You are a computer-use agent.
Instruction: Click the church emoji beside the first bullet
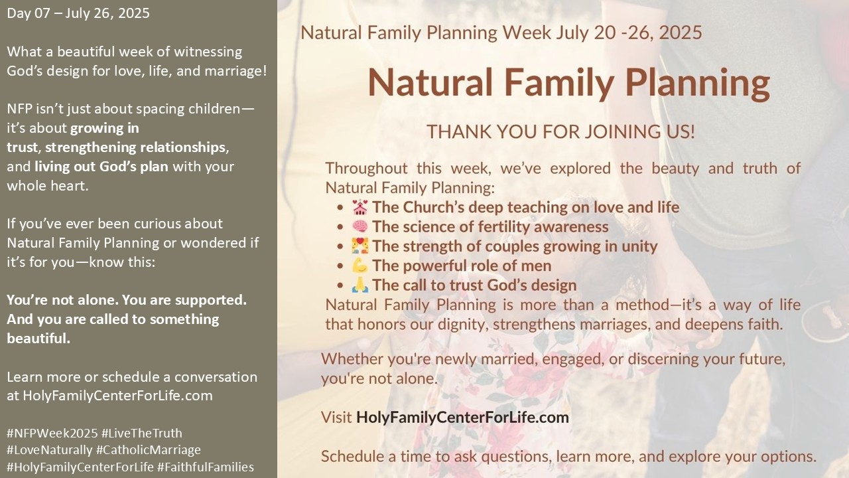point(359,207)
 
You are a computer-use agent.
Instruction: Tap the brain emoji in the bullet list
point(359,226)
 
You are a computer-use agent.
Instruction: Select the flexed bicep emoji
point(359,266)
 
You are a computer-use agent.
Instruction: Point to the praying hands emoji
point(359,285)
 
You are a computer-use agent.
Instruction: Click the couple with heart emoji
point(359,246)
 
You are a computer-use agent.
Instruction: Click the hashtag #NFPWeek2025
point(52,434)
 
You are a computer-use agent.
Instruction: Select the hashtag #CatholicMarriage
point(149,450)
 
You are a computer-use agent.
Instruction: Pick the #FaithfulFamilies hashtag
point(206,467)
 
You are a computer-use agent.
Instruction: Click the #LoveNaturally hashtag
point(50,450)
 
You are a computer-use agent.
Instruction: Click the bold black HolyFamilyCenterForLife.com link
point(462,418)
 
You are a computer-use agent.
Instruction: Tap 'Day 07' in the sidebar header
point(29,13)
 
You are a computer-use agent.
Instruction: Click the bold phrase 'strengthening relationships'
point(135,147)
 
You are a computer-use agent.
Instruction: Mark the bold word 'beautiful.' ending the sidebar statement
point(38,339)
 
